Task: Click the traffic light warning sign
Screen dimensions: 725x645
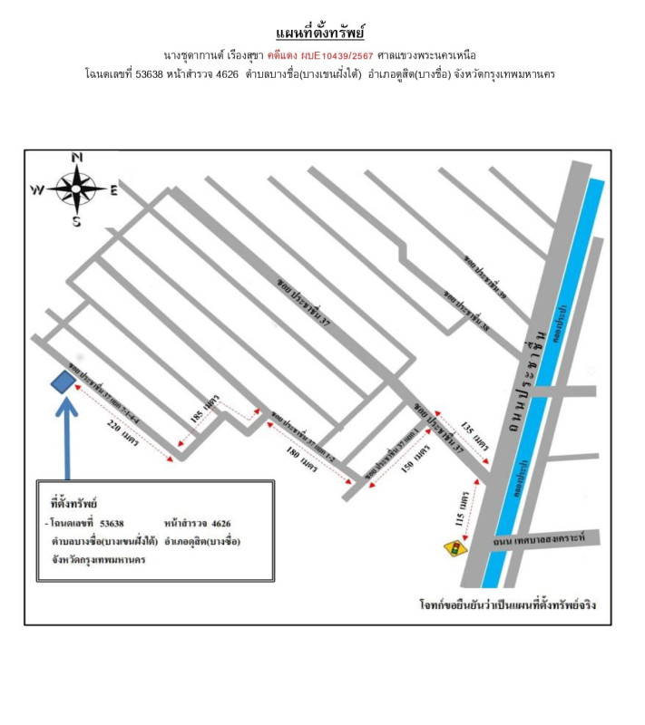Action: (x=451, y=549)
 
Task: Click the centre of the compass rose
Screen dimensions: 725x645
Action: (x=76, y=188)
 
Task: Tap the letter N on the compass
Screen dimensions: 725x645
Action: (x=77, y=158)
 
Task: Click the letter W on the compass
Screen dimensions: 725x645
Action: (x=37, y=189)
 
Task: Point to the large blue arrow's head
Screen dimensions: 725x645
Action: (x=67, y=404)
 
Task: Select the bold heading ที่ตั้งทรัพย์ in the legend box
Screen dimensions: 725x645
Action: (x=73, y=502)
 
